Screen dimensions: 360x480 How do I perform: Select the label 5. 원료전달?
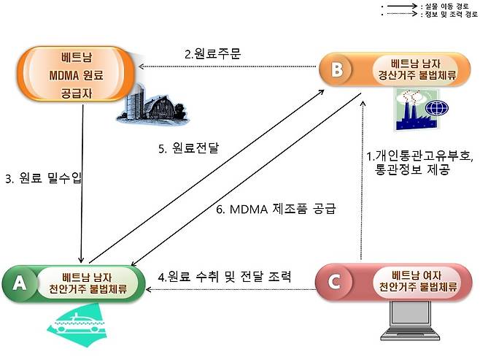(x=188, y=149)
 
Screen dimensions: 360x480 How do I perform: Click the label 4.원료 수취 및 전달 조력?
(x=225, y=277)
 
